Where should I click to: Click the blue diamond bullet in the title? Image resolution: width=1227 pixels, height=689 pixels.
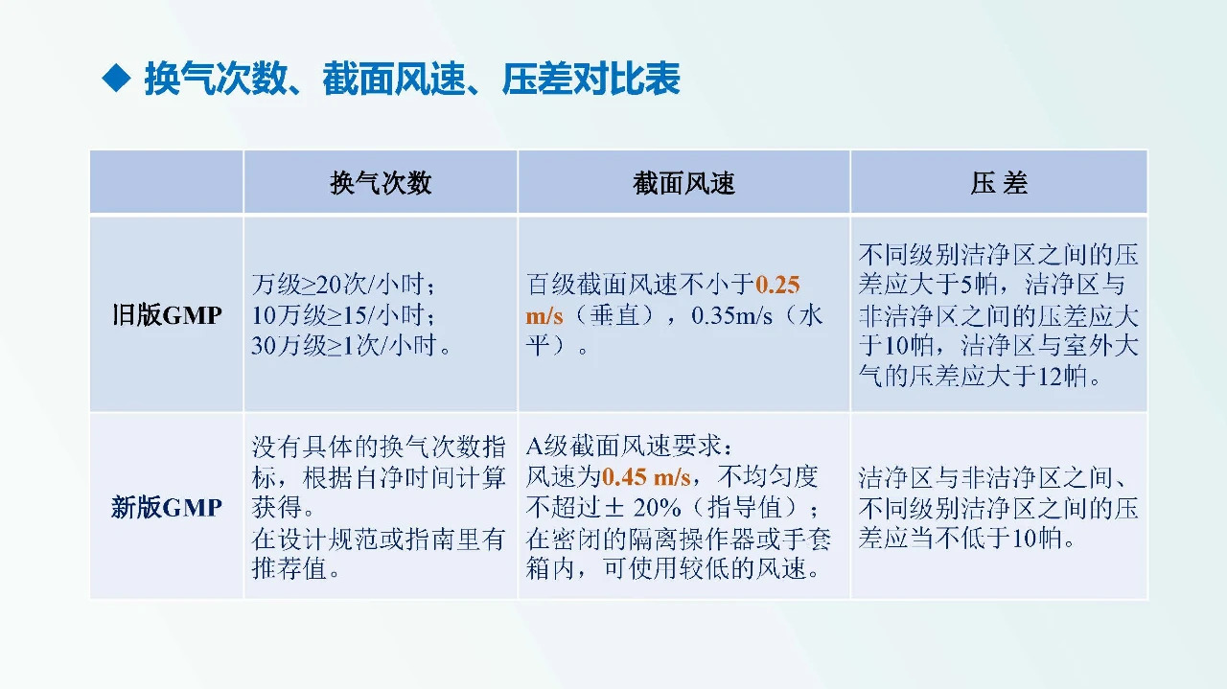115,79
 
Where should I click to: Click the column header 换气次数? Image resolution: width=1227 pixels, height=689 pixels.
381,183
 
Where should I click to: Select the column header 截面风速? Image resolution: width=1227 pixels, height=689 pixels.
683,183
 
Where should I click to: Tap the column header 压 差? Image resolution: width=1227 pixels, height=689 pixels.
998,183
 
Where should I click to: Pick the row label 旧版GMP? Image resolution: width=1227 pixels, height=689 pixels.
167,315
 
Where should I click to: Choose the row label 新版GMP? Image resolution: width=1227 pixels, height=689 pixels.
167,507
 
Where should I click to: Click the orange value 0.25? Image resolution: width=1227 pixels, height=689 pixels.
777,285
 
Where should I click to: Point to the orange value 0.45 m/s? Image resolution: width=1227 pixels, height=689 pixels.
646,476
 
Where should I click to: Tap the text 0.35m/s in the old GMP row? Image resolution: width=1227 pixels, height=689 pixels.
731,315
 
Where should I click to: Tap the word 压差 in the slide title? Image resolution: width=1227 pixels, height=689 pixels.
536,80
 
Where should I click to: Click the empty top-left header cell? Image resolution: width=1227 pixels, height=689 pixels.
167,183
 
